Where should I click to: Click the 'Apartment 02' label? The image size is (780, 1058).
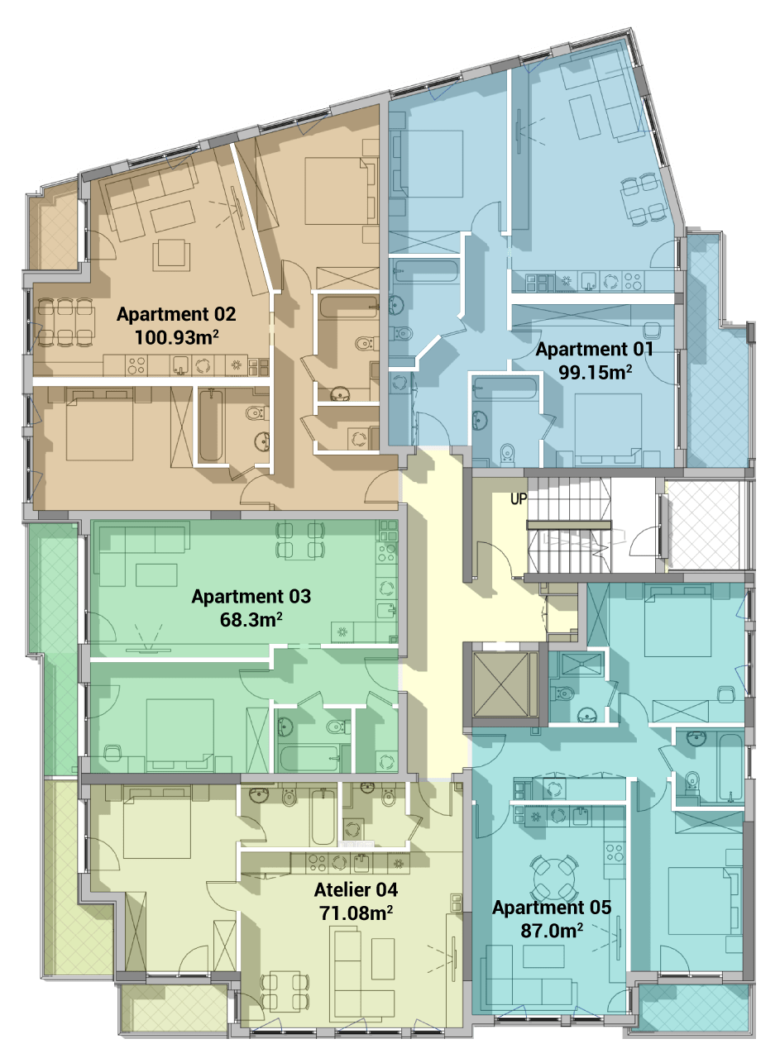pos(176,315)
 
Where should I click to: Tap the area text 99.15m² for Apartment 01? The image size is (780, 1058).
pos(596,373)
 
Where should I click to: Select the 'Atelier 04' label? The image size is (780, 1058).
pos(356,890)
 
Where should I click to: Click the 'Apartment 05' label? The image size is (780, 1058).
pos(552,908)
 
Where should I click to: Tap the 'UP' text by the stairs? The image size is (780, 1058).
pos(519,499)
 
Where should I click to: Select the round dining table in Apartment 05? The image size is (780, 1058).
pos(553,878)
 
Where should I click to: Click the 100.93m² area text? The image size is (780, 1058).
pos(176,338)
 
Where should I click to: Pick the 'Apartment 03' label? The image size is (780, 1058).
pos(251,597)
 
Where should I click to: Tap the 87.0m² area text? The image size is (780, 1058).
pos(552,931)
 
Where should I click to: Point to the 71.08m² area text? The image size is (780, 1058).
pos(356,913)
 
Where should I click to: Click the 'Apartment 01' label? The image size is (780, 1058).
pos(594,350)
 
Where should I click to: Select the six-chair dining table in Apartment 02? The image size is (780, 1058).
pos(65,322)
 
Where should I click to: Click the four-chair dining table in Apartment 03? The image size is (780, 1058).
pos(300,540)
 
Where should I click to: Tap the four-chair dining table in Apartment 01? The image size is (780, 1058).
pos(644,199)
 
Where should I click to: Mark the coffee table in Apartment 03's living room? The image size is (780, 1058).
pos(156,575)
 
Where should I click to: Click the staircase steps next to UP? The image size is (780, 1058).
pos(569,525)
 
